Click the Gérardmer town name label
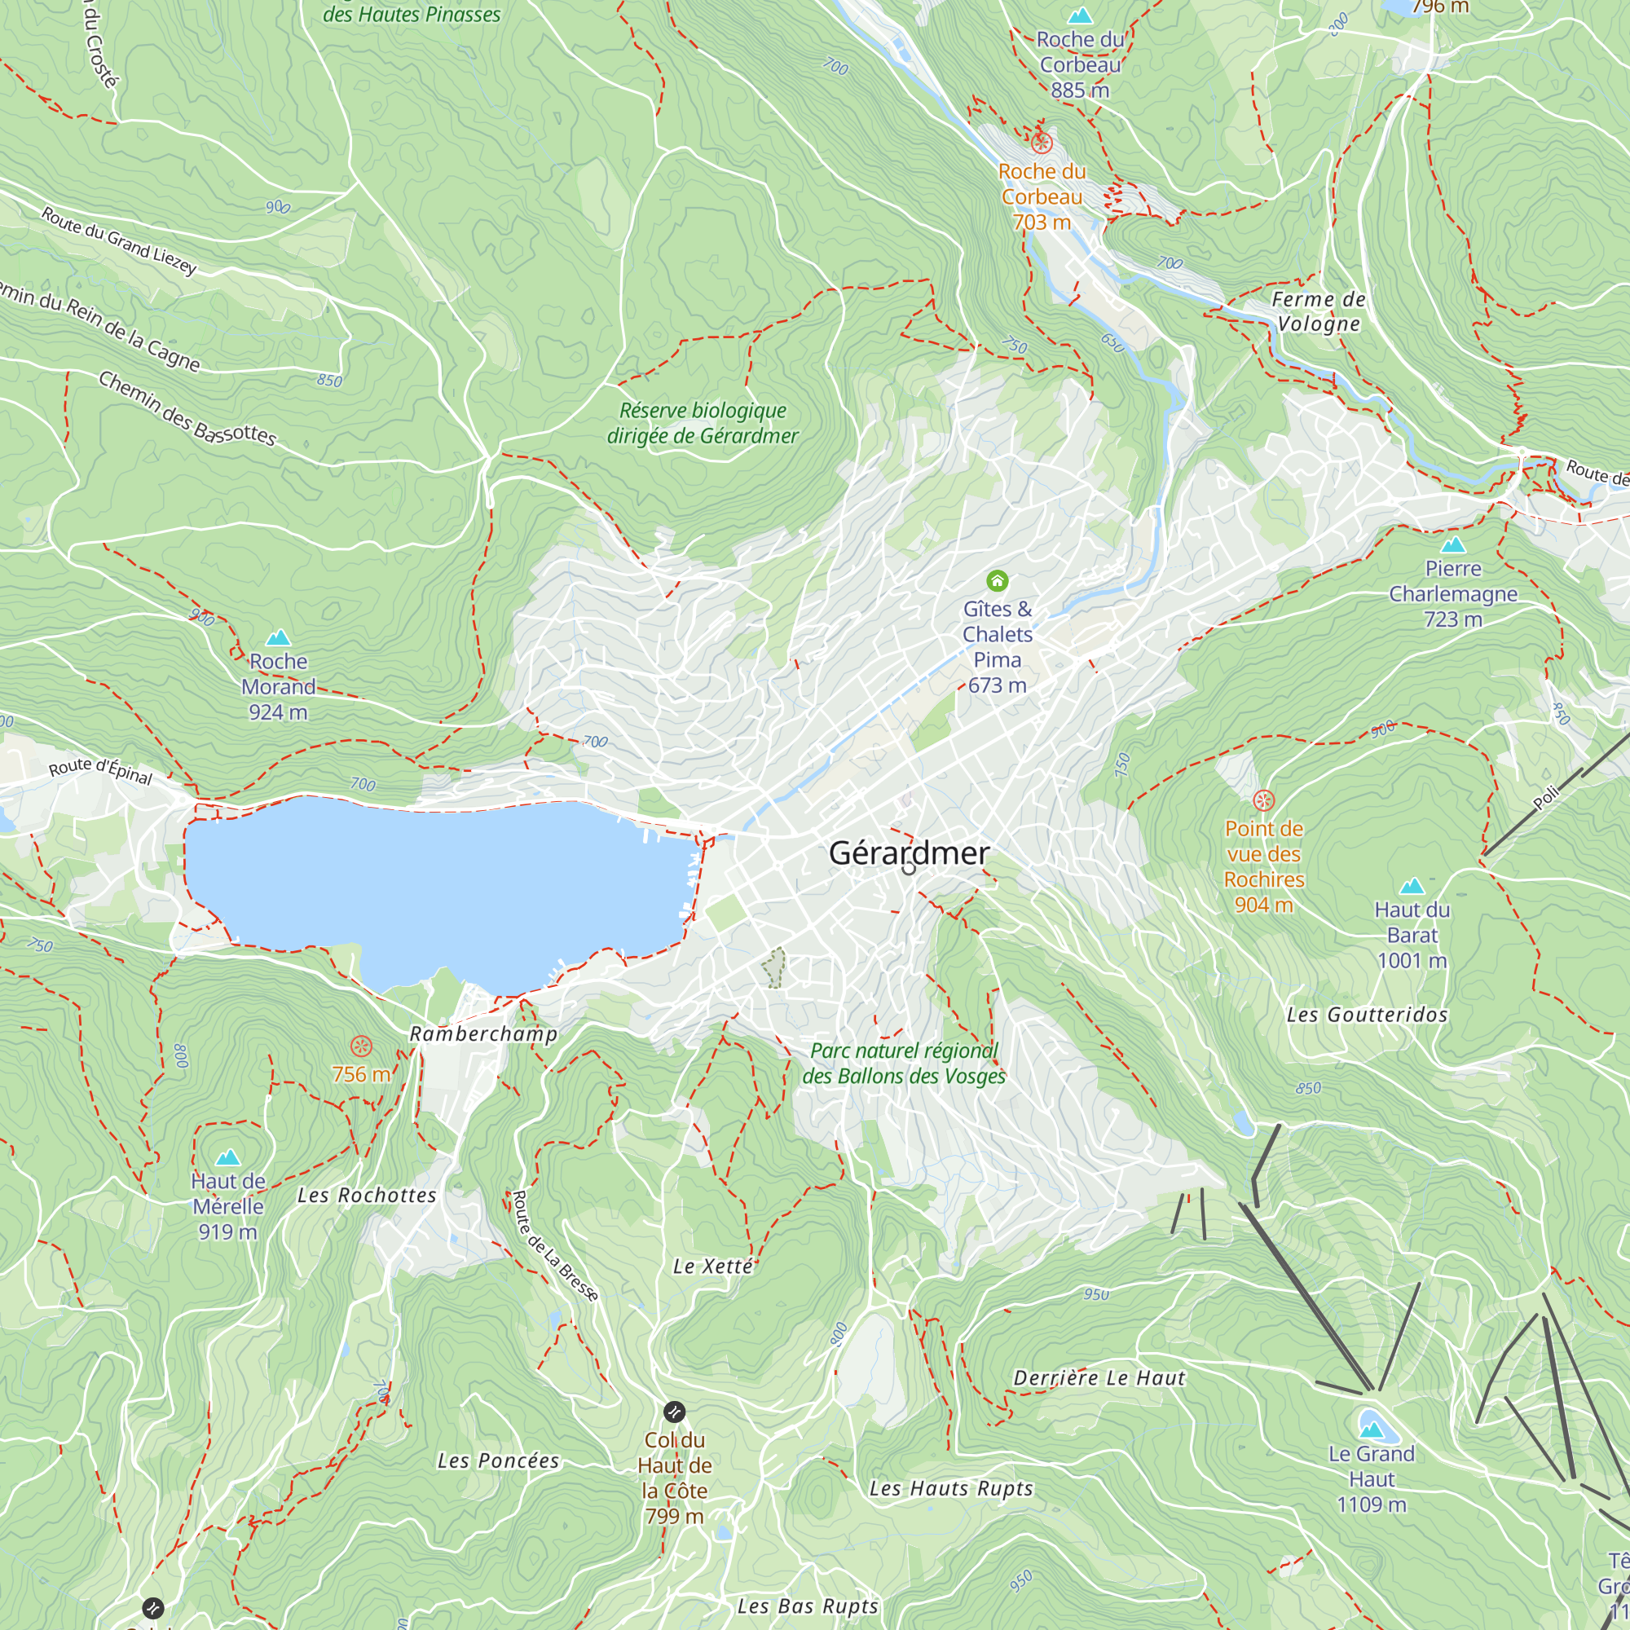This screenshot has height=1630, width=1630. (x=909, y=853)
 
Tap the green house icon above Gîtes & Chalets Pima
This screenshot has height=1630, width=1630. (x=998, y=580)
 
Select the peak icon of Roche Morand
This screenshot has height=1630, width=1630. (x=279, y=638)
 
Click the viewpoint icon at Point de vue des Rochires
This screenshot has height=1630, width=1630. (x=1263, y=800)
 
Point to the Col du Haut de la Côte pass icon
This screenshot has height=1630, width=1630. (x=674, y=1412)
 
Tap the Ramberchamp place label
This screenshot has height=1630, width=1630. (x=483, y=1033)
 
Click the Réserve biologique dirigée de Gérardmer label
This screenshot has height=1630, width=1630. (x=702, y=424)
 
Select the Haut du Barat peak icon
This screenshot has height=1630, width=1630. (x=1412, y=886)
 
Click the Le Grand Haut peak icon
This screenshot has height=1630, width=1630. (x=1371, y=1430)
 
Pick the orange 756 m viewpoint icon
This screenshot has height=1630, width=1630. (x=361, y=1047)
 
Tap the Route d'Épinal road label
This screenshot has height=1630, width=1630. (x=100, y=770)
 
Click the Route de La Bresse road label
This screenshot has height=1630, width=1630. (x=554, y=1246)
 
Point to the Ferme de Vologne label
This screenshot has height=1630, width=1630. (x=1319, y=311)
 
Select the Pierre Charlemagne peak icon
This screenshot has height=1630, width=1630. (x=1453, y=545)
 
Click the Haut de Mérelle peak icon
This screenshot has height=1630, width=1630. (x=228, y=1157)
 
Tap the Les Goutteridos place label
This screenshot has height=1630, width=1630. (x=1367, y=1015)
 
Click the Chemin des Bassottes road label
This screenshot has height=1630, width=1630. (x=187, y=408)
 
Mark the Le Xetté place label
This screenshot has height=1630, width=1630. (x=713, y=1267)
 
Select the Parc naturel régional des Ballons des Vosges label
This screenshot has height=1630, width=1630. (x=904, y=1063)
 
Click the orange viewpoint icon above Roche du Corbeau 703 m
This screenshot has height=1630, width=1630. (x=1042, y=143)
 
